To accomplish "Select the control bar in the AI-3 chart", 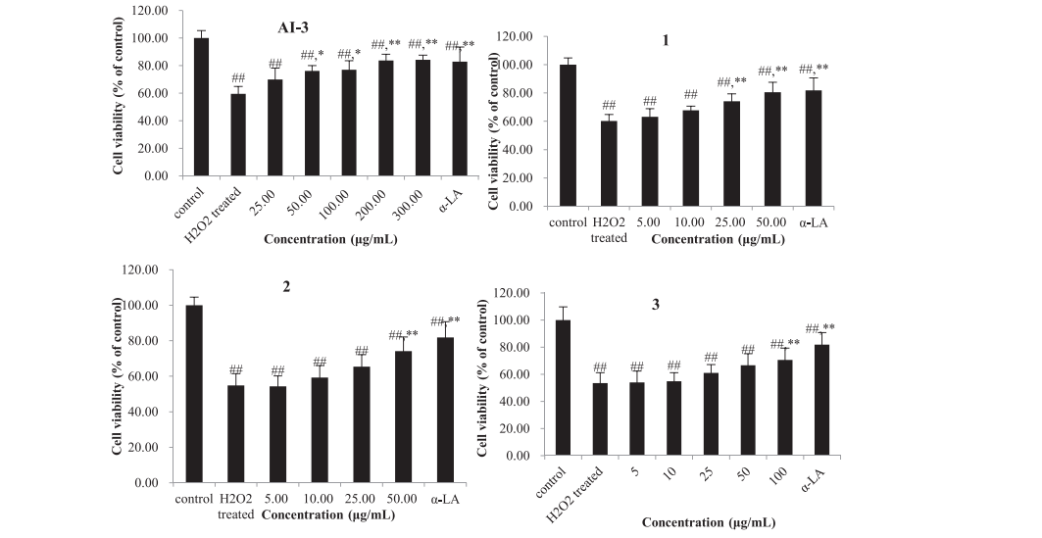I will coord(202,108).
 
